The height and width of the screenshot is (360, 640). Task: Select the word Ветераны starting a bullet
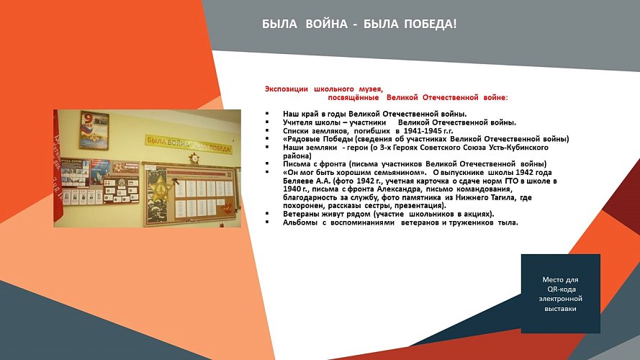[x=302, y=214]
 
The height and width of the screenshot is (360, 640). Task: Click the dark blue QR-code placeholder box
[x=561, y=294]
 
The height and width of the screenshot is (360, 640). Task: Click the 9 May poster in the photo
[x=94, y=130]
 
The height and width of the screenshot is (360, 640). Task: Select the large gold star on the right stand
[x=160, y=191]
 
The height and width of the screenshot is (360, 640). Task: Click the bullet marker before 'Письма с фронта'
[x=267, y=164]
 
